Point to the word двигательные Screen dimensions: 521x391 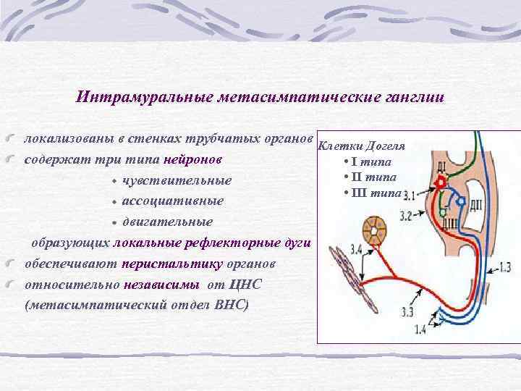(x=167, y=220)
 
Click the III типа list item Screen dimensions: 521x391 (x=372, y=192)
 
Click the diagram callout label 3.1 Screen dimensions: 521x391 (x=410, y=195)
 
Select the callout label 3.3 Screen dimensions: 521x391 (x=407, y=312)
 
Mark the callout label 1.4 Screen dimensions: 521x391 (x=420, y=331)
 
